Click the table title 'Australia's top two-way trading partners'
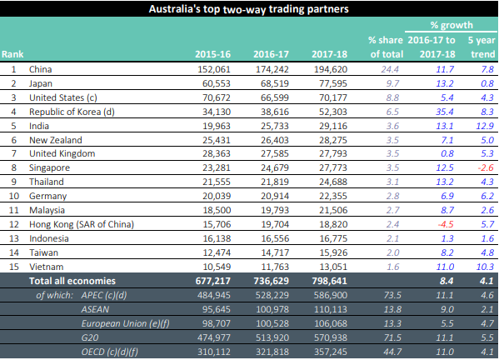coord(248,9)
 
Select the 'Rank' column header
coord(12,54)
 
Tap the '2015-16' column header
coord(212,54)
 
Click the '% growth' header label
coord(452,25)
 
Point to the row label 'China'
coord(41,69)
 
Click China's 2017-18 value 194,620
coord(331,69)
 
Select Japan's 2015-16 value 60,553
coord(216,83)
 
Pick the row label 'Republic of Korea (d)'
coord(72,112)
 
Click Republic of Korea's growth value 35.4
coord(445,112)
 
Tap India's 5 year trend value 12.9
coord(485,126)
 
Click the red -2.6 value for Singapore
coord(486,167)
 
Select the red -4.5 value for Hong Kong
coord(446,224)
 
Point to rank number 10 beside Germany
coord(14,196)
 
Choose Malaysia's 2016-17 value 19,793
coord(275,210)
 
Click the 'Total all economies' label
coord(72,281)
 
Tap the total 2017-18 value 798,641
coord(329,281)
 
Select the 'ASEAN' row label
coord(95,309)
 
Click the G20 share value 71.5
coord(392,337)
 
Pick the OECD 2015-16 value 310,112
coord(214,352)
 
